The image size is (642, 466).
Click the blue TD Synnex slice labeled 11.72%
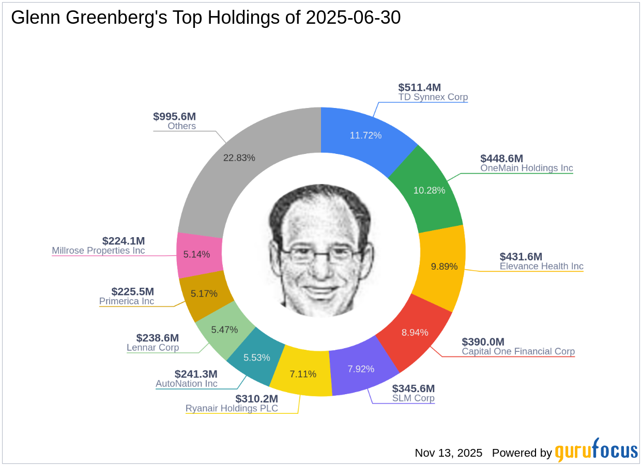[365, 135]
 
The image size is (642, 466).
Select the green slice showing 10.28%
[429, 190]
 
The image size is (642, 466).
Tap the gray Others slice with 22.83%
[239, 158]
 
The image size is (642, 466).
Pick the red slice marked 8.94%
[415, 332]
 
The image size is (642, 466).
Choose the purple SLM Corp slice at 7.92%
[361, 368]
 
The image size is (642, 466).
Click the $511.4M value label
[419, 87]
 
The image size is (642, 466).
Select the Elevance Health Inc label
[541, 267]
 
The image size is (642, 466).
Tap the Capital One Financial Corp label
[518, 352]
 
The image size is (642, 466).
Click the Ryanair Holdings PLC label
[232, 409]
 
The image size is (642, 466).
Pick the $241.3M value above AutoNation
[196, 374]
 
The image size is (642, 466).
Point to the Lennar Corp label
[152, 348]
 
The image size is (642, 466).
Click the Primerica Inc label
[127, 301]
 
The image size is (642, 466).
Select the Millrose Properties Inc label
[98, 251]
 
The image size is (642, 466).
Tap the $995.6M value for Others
[174, 116]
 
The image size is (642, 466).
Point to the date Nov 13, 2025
[448, 453]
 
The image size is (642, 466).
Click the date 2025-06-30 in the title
[353, 18]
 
